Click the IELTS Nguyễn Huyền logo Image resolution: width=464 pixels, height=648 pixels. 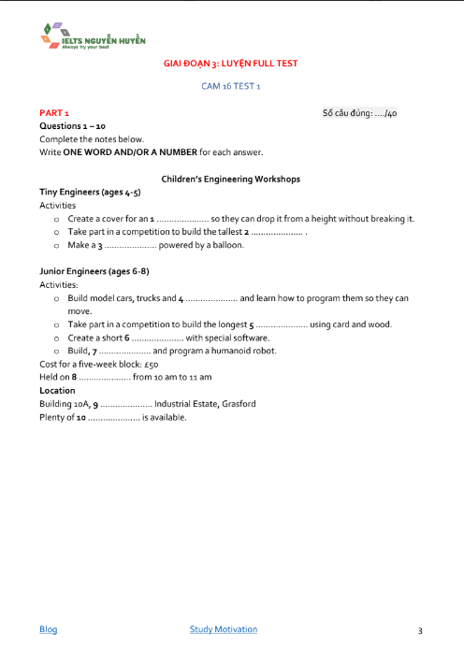93,37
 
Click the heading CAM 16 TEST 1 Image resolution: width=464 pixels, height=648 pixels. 231,85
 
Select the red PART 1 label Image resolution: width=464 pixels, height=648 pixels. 54,112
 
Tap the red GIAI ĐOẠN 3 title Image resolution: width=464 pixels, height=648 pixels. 231,64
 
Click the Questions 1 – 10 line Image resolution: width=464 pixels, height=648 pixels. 72,125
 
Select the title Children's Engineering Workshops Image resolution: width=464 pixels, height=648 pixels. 230,178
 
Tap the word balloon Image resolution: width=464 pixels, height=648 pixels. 228,245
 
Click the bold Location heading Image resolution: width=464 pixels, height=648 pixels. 57,390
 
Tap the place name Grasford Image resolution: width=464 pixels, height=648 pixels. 239,404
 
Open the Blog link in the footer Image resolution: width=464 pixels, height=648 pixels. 48,629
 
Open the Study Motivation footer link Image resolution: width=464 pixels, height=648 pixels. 223,629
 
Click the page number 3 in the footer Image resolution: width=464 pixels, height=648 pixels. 420,630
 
